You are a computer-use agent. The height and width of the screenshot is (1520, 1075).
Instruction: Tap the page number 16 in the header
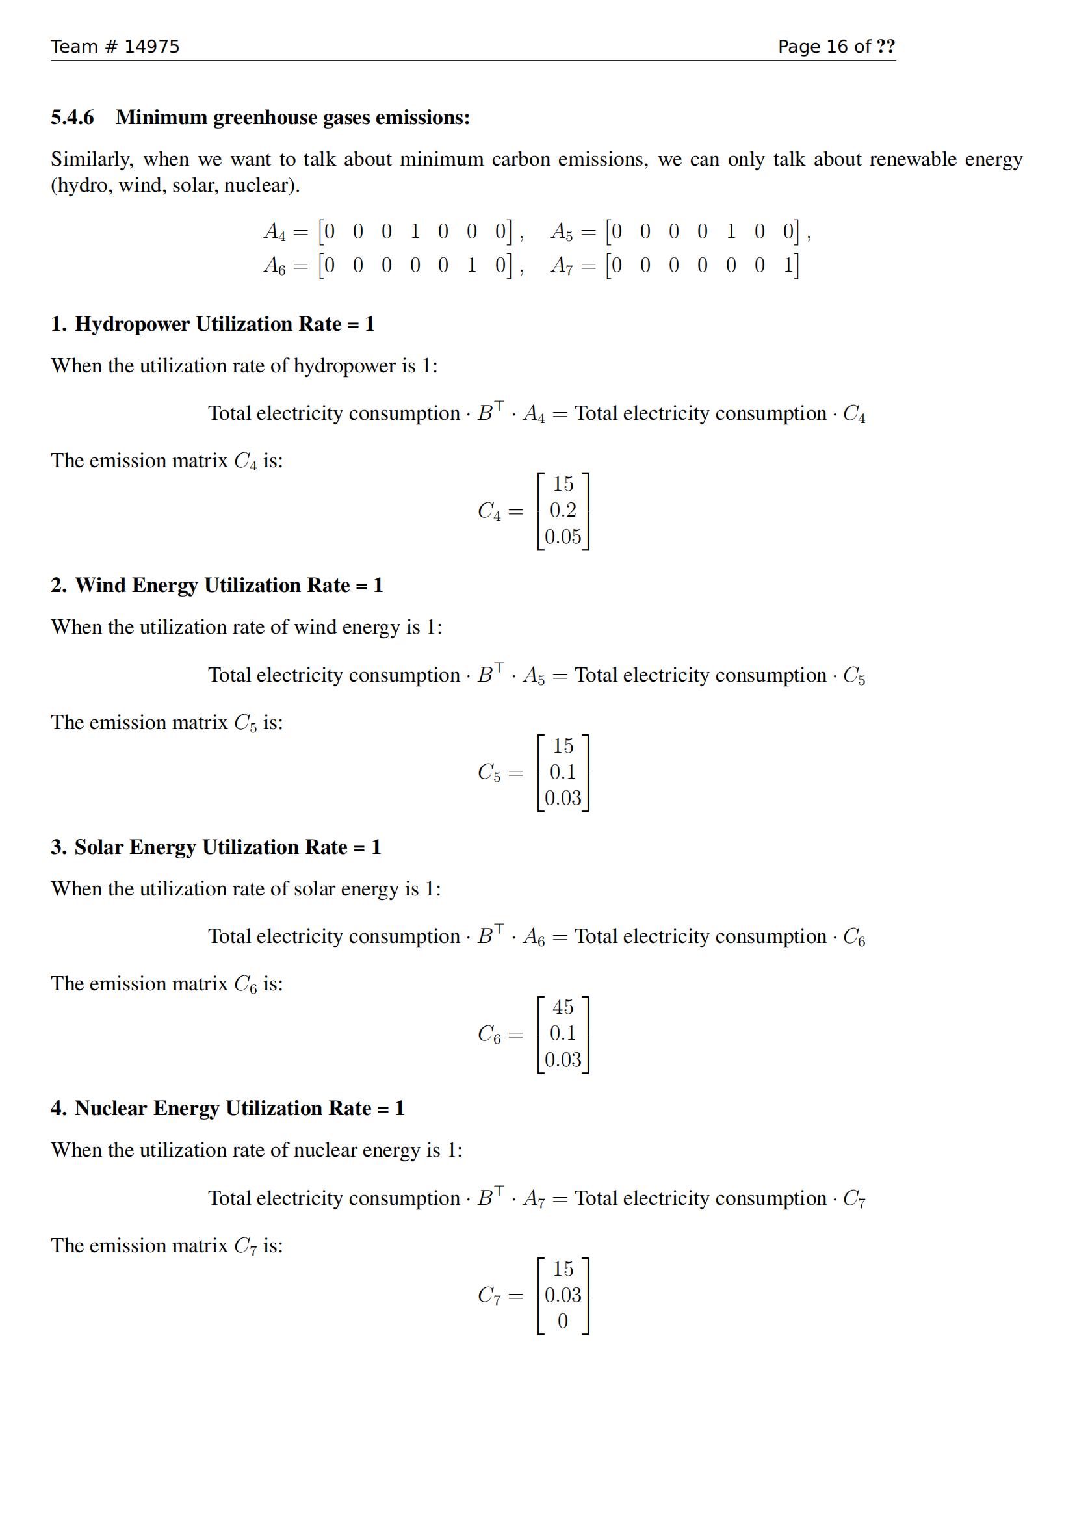(836, 46)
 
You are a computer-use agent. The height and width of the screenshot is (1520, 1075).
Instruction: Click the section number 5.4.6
(72, 117)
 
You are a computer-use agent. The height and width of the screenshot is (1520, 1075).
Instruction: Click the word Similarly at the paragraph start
(92, 160)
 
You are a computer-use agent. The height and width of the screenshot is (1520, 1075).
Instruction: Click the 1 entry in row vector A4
(415, 231)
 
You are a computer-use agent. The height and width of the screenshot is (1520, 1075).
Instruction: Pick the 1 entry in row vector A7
(788, 264)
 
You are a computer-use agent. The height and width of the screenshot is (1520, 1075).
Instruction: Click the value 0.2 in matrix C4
(563, 509)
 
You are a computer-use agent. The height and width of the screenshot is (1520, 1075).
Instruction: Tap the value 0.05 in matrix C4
(563, 536)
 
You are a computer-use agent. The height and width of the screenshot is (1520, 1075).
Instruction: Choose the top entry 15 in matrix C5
(563, 745)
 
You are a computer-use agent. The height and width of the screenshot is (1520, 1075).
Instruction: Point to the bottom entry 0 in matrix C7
(563, 1320)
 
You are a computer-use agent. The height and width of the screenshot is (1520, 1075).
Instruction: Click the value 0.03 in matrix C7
(563, 1295)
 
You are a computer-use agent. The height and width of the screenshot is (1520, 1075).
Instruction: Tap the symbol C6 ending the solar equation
(853, 938)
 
